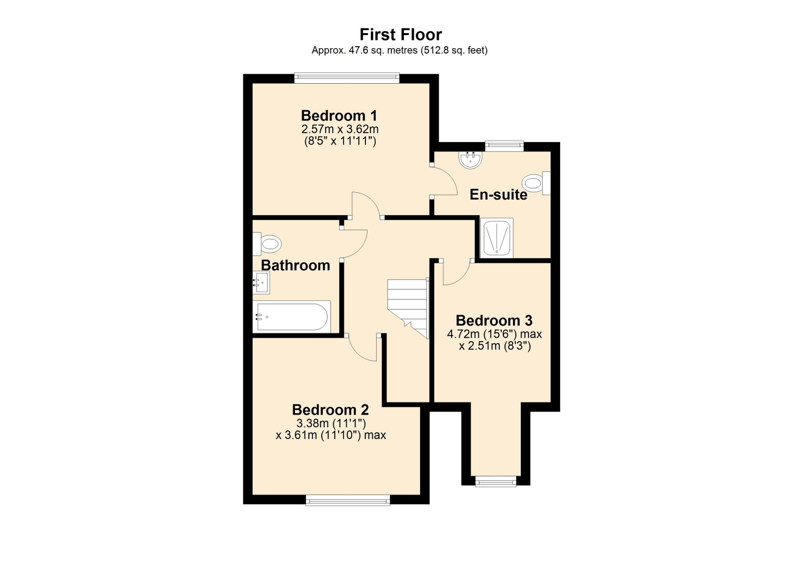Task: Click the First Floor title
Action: point(400,35)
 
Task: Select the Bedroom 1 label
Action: point(339,116)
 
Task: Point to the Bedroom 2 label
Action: point(330,409)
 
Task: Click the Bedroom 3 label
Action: point(494,320)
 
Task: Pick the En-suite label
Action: point(498,195)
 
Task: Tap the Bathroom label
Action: point(296,265)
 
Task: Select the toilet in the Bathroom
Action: point(267,244)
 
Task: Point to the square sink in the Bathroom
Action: point(261,282)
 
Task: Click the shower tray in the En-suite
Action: point(496,237)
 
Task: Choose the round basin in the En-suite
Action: point(471,160)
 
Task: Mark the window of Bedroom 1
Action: point(347,78)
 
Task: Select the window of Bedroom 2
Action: point(348,500)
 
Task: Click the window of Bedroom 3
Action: point(495,481)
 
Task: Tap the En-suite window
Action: point(504,146)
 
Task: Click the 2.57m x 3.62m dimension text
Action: point(340,129)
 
